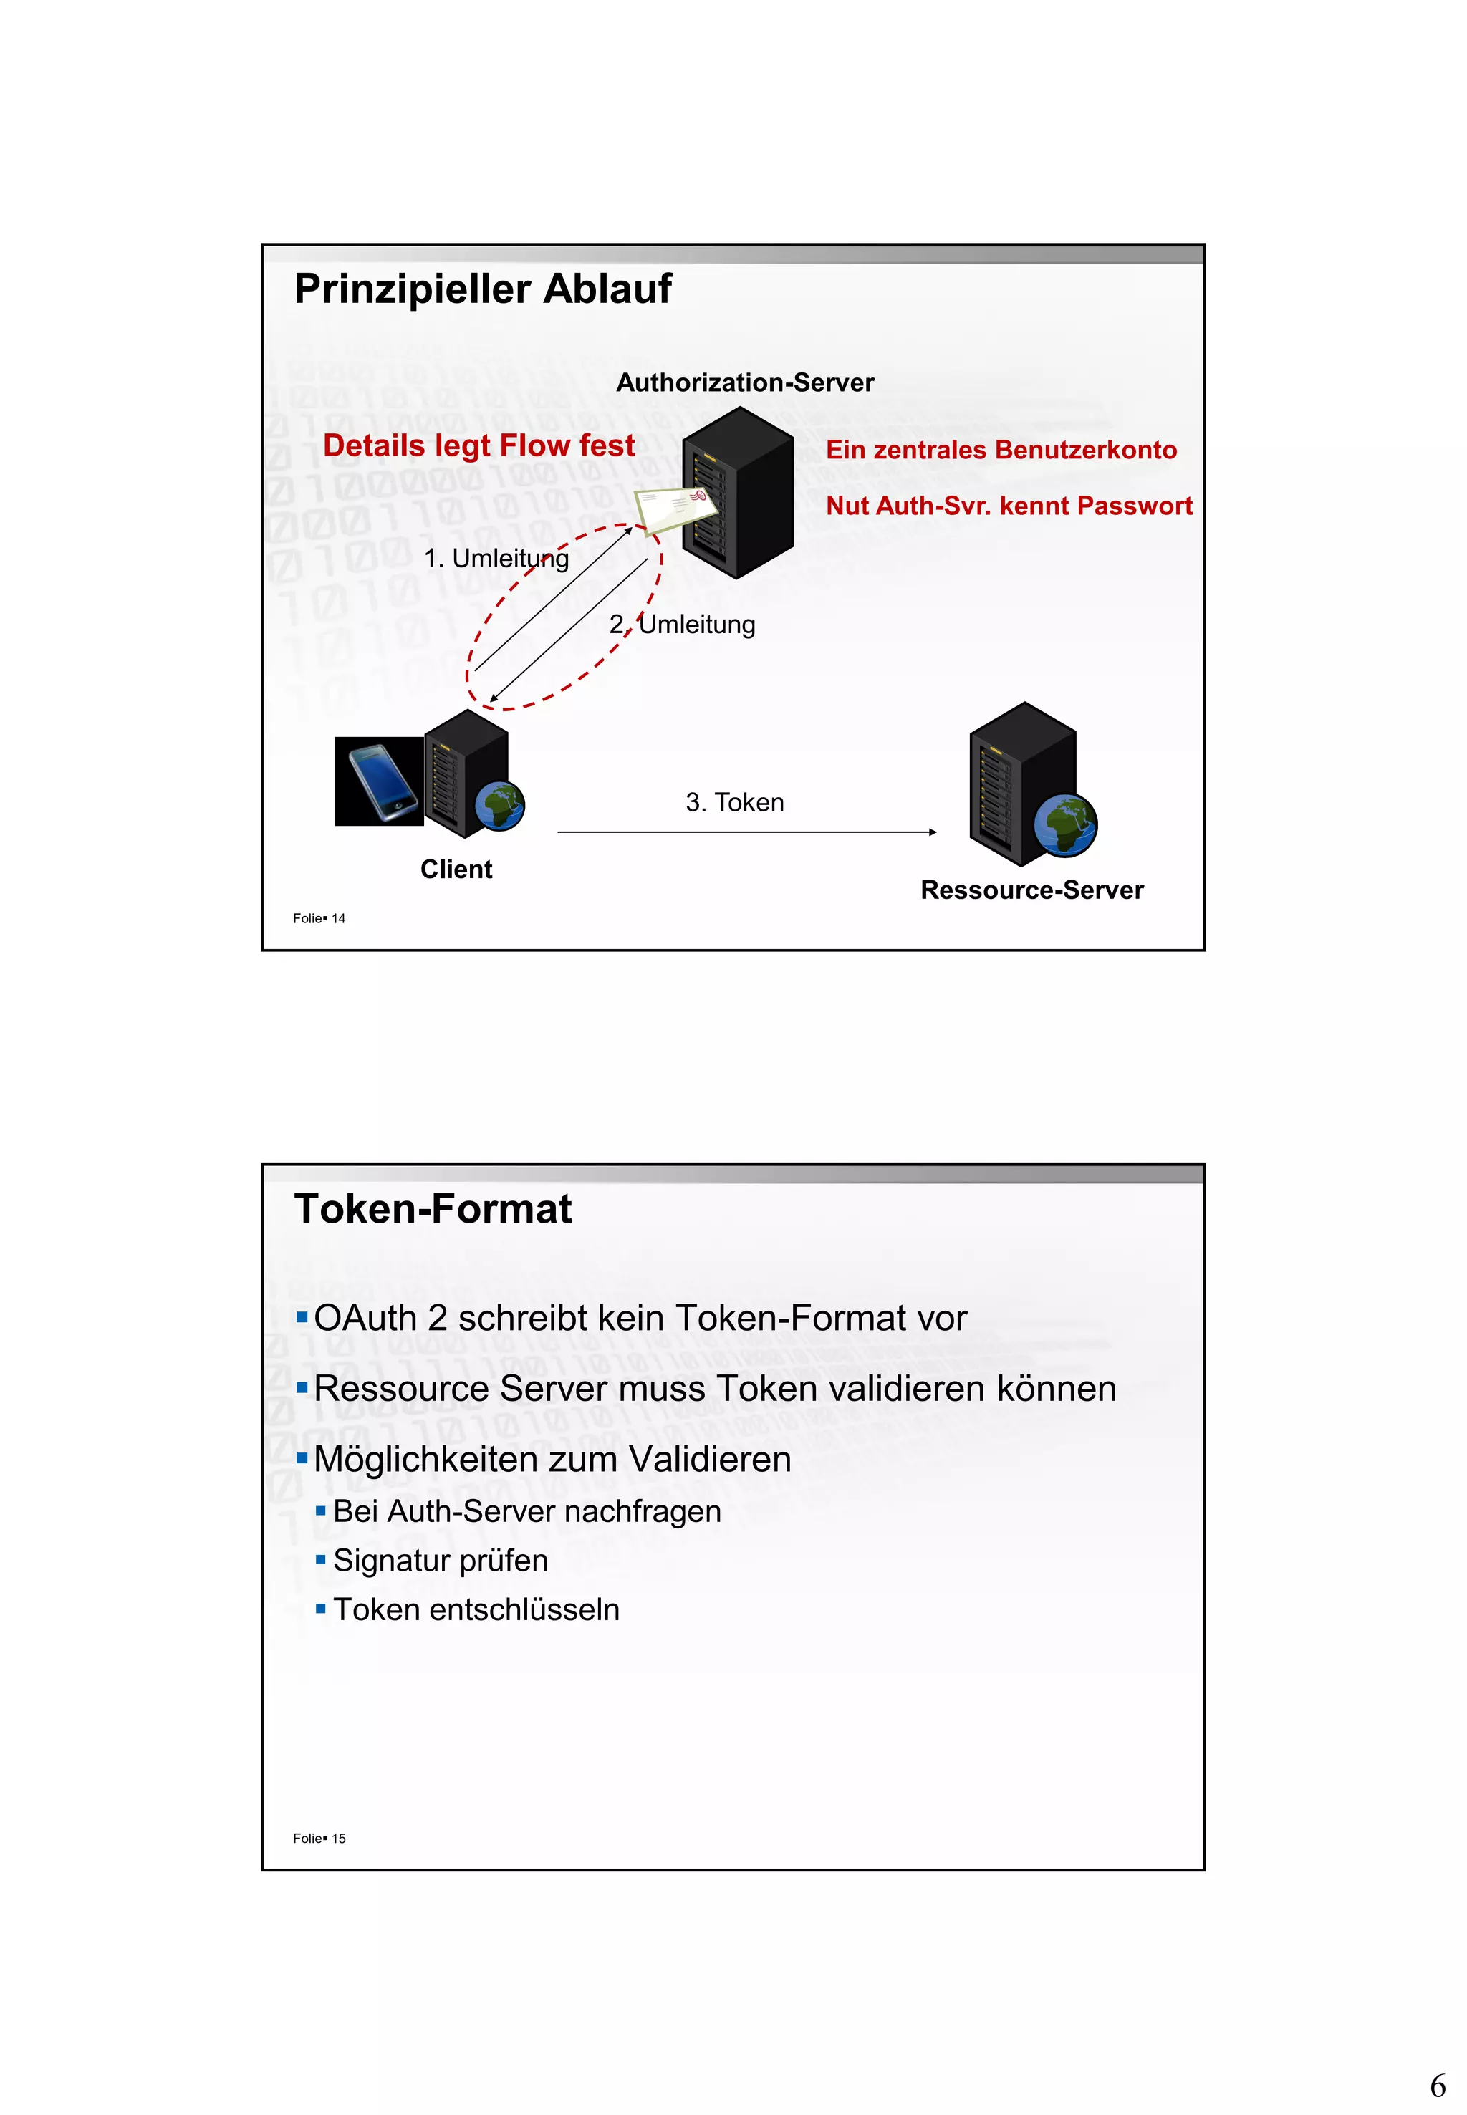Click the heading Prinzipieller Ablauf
point(483,289)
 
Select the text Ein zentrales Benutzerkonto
point(1001,450)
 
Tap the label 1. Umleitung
point(496,558)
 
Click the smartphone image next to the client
point(379,781)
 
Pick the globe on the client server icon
point(500,806)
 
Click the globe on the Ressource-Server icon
point(1064,824)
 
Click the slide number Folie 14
point(319,918)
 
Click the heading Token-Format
point(433,1209)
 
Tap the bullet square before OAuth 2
point(302,1318)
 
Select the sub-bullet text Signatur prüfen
point(441,1560)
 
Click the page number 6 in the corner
point(1438,2086)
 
